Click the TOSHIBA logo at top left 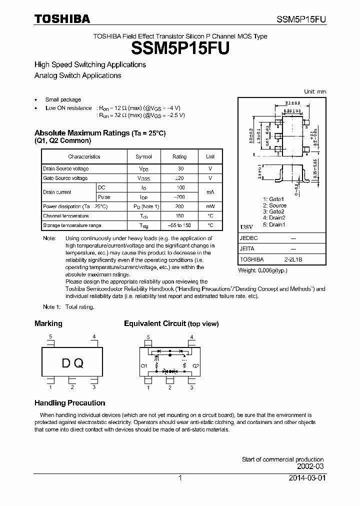62,19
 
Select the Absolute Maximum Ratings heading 99,133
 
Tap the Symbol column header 143,156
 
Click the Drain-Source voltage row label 65,169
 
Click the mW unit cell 210,206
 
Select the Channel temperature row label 65,216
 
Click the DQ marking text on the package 72,363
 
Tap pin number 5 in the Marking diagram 50,336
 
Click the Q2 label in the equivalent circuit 195,366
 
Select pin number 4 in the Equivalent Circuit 191,336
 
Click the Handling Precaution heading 69,403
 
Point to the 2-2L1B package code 293,259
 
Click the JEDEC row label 248,238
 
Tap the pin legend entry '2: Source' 274,205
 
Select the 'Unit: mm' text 315,91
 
